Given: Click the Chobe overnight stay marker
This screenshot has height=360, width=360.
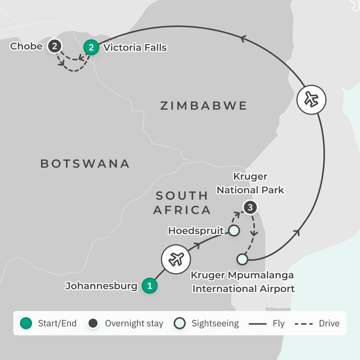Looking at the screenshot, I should pos(54,46).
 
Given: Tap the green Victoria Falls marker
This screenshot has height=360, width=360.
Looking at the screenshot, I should pos(91,47).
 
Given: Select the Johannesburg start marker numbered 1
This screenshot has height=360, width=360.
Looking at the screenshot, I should pos(150,286).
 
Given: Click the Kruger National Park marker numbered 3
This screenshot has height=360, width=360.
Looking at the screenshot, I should pos(250,208).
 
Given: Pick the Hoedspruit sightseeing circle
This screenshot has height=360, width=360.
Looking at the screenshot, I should pos(234,230).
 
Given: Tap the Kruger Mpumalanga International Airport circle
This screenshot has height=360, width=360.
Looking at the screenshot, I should pos(242,259).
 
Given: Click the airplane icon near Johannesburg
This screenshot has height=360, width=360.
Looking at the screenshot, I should pos(176,259).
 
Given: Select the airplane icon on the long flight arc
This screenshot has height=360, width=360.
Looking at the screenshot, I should pos(311,100).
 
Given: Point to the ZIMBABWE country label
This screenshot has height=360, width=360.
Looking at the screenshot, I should pos(203,106).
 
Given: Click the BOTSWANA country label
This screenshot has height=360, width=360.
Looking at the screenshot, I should pos(85,164).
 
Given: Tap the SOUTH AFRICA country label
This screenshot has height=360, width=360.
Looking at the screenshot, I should pos(182,203).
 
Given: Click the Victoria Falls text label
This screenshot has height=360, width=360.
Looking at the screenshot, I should pos(135,48).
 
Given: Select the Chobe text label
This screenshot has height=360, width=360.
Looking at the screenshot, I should pos(26,46).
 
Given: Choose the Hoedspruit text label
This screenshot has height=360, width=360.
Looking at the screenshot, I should pos(196,231).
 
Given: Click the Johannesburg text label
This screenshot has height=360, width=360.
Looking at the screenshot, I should pos(101,286).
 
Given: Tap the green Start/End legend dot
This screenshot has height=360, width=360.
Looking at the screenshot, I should pos(26,323).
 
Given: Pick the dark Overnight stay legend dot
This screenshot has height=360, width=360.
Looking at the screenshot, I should pos(93,323).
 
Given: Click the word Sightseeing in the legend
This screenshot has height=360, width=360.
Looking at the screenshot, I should pos(215,323).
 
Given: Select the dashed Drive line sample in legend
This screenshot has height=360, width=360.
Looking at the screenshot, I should pos(303,323).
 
